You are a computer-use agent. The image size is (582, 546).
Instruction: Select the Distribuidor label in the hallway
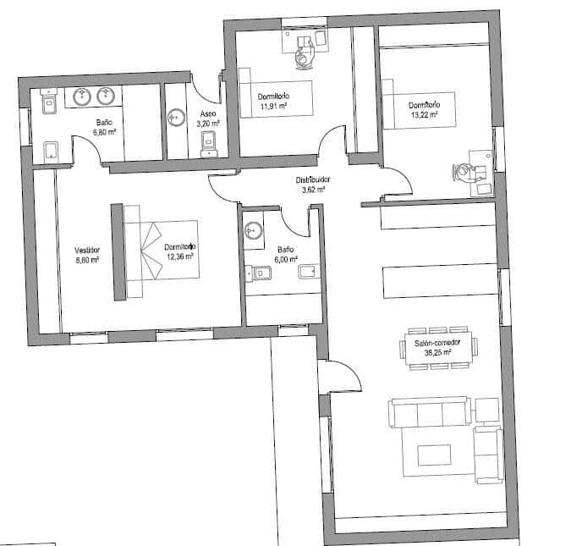[x=312, y=180]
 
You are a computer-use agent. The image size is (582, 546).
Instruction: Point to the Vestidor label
[x=87, y=251]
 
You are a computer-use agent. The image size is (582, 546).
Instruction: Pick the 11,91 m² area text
[x=272, y=107]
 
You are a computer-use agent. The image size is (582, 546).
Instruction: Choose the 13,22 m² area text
[x=423, y=114]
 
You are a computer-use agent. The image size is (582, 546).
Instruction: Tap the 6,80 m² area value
[x=103, y=132]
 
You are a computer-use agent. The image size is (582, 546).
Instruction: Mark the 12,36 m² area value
[x=179, y=256]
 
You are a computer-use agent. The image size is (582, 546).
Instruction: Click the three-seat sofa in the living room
[x=430, y=413]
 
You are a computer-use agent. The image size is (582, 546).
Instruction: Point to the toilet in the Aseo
[x=209, y=150]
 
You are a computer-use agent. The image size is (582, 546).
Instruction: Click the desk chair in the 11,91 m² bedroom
[x=305, y=56]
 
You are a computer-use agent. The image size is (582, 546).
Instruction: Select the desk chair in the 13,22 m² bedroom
[x=464, y=173]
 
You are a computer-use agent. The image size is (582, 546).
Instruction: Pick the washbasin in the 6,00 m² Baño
[x=253, y=228]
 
